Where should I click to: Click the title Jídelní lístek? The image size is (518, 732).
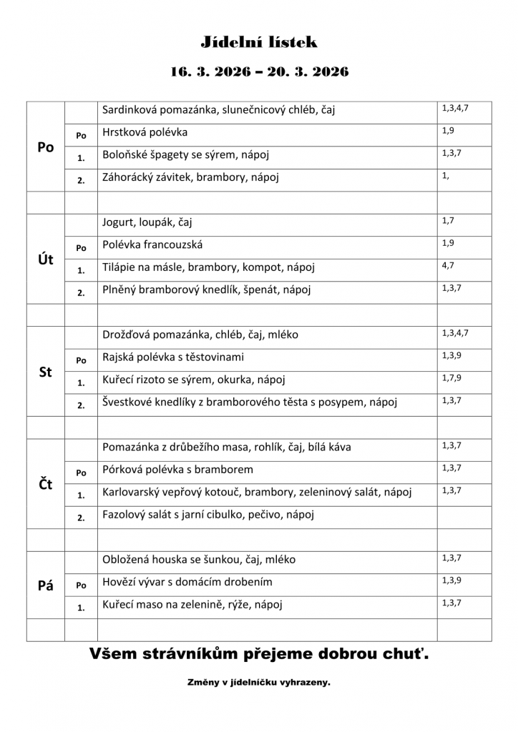(259, 43)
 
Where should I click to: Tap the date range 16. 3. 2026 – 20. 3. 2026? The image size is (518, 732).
(259, 72)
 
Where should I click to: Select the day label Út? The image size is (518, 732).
(46, 259)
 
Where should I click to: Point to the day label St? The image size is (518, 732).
(46, 372)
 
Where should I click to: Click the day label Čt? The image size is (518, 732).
(46, 485)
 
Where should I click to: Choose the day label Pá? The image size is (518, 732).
(46, 585)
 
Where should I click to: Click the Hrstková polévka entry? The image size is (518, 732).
(145, 132)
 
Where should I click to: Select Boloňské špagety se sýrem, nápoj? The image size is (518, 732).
(185, 154)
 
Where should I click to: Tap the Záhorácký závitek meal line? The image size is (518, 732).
(190, 177)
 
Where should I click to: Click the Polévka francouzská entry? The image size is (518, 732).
(152, 244)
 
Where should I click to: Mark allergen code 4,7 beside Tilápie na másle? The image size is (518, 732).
(449, 265)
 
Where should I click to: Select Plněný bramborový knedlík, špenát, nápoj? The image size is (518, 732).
(207, 290)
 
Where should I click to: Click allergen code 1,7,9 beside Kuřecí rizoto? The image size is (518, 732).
(451, 377)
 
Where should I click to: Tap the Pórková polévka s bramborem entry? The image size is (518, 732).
(177, 470)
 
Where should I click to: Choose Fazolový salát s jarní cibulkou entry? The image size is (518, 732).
(208, 514)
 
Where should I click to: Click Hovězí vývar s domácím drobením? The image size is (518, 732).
(187, 582)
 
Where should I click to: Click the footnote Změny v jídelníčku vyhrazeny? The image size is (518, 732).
(259, 683)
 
